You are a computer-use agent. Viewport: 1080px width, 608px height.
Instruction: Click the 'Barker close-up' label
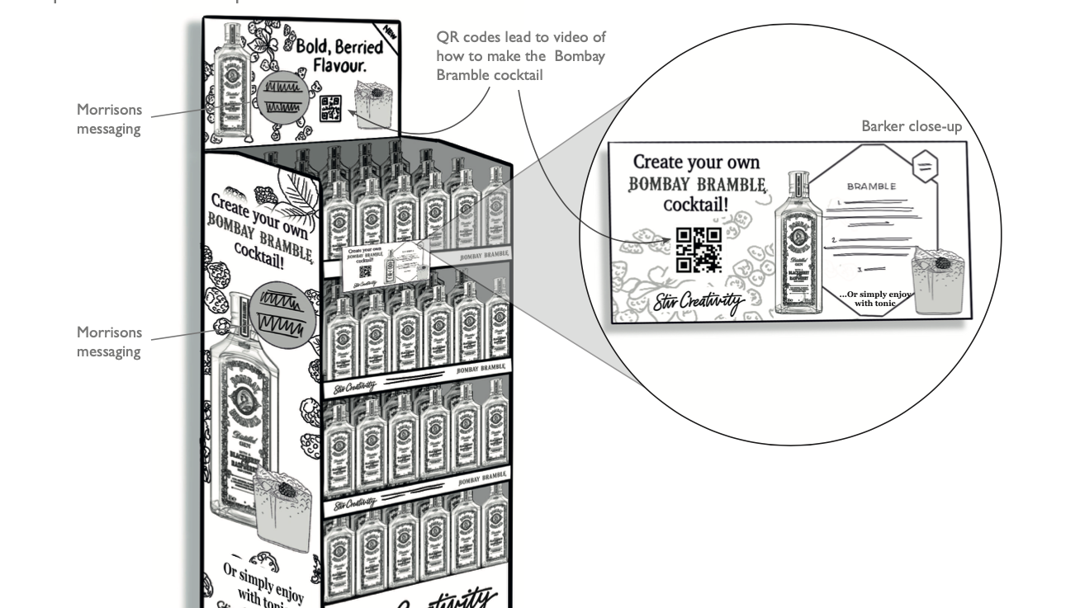coord(911,126)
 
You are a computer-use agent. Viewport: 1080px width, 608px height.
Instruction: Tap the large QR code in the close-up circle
coord(699,250)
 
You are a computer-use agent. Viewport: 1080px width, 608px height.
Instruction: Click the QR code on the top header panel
coord(330,109)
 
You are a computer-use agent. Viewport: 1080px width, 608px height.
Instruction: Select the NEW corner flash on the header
coord(390,35)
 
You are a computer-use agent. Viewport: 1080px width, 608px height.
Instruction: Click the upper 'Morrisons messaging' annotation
coord(109,119)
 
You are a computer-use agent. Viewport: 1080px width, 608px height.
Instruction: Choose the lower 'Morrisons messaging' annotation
coord(109,342)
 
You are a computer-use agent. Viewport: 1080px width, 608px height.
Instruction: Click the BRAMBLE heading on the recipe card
coord(870,186)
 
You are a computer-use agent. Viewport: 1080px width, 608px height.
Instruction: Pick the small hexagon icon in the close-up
coord(925,167)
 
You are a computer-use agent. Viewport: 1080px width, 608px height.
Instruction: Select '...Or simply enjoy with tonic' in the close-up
coord(875,299)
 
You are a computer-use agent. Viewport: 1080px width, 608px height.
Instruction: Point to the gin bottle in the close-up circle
coord(798,243)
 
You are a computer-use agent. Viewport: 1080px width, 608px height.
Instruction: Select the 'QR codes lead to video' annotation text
coord(520,56)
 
